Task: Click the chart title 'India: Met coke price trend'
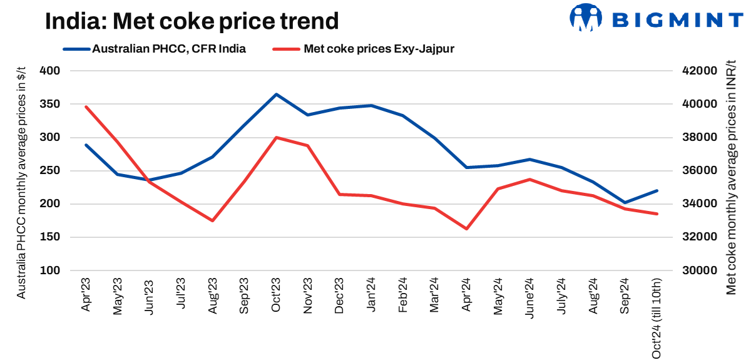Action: pyautogui.click(x=192, y=21)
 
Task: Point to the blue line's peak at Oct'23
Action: pyautogui.click(x=276, y=95)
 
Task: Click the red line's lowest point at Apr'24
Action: pyautogui.click(x=466, y=229)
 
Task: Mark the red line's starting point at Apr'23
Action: pyautogui.click(x=86, y=106)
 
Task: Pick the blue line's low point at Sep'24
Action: pyautogui.click(x=625, y=203)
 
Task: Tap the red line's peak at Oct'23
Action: pyautogui.click(x=276, y=137)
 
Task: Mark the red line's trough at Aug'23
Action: pyautogui.click(x=213, y=220)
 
